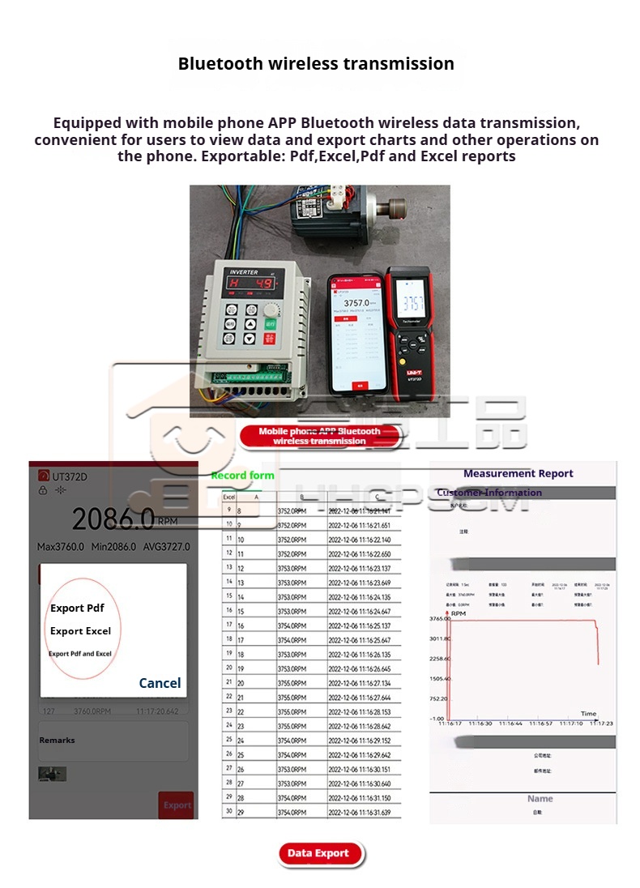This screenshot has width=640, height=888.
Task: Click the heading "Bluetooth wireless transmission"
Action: click(316, 63)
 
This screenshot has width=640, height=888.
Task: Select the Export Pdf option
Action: click(77, 608)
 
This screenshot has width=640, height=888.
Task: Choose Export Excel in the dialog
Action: click(80, 631)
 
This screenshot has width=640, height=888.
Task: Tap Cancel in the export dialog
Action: click(160, 683)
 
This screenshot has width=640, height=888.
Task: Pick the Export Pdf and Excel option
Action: click(80, 654)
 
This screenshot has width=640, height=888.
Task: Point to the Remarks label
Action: click(57, 740)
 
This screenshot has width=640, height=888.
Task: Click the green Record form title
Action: click(242, 476)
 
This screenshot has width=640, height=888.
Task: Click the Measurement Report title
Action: click(518, 473)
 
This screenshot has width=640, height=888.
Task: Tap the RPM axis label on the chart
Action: click(459, 613)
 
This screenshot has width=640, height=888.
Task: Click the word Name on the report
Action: click(540, 798)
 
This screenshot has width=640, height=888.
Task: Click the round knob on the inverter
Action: click(270, 310)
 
